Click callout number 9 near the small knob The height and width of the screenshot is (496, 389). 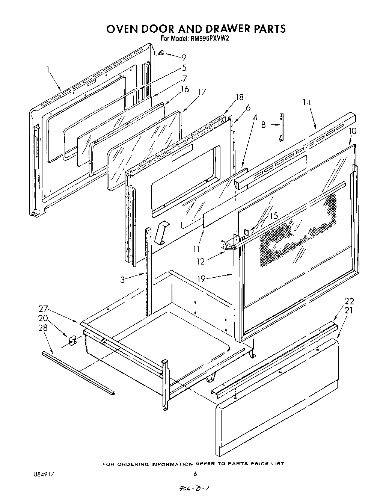click(184, 57)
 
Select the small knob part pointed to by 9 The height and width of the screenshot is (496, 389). click(160, 53)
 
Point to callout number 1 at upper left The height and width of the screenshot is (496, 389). click(48, 69)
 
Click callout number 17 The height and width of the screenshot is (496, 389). click(202, 92)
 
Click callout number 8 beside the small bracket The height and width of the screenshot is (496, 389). click(264, 124)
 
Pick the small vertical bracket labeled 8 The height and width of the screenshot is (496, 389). click(282, 127)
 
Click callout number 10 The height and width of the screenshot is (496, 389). click(353, 131)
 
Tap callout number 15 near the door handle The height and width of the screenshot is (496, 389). click(273, 216)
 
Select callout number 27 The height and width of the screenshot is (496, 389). click(44, 309)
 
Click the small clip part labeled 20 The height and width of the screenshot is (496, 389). click(73, 340)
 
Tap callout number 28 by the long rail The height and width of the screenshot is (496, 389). click(44, 328)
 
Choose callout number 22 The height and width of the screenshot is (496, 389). click(349, 301)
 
